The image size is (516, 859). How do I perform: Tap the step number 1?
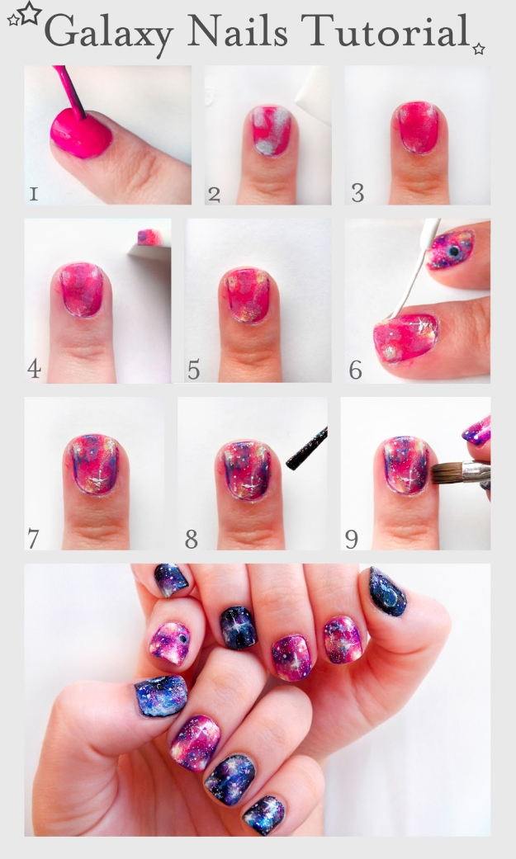coord(33,194)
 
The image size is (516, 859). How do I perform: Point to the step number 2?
coord(215,195)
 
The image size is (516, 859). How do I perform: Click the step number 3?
coord(357,194)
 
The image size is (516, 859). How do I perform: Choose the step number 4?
coord(34,368)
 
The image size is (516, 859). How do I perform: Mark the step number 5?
coord(193,369)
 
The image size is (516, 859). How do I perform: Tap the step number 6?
coord(355,369)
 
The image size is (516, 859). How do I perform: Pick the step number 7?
coord(33,539)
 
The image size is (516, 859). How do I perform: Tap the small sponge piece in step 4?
coord(149,238)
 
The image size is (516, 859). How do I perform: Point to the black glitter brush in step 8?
coord(306,449)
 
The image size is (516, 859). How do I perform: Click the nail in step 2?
coord(268,130)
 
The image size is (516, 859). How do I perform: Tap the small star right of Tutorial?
coord(479,50)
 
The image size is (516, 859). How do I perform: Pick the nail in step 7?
coord(93,464)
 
